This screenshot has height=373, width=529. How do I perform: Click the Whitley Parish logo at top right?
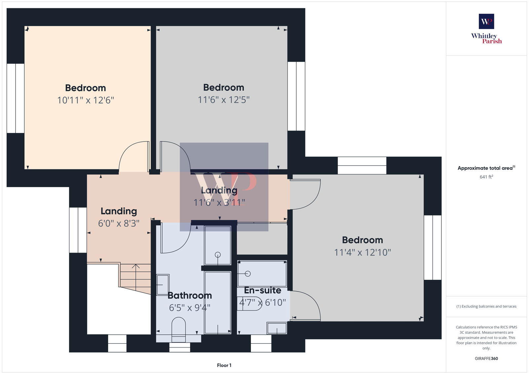pos(486,29)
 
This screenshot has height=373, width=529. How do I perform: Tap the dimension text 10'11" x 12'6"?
pos(86,100)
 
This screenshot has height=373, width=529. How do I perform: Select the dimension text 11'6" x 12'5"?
pos(224,100)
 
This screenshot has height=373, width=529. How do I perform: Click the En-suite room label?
pos(263,290)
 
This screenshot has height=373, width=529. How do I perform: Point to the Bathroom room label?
pos(189,295)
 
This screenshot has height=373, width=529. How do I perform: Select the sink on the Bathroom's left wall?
pos(162,284)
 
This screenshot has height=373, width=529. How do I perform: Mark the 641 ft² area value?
pos(486,177)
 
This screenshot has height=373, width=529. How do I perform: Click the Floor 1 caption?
pos(224,365)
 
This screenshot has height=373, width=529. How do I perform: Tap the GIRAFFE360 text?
pos(486,358)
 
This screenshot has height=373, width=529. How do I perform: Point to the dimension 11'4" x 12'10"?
pos(362,253)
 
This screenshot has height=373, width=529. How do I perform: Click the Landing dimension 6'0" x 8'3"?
pos(119,224)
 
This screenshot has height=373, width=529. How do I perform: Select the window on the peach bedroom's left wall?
pos(16,98)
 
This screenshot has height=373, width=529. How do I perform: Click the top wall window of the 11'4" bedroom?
pos(362,165)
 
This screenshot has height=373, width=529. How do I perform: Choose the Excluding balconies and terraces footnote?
pos(486,307)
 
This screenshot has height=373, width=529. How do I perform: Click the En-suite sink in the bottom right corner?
pos(277,328)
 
